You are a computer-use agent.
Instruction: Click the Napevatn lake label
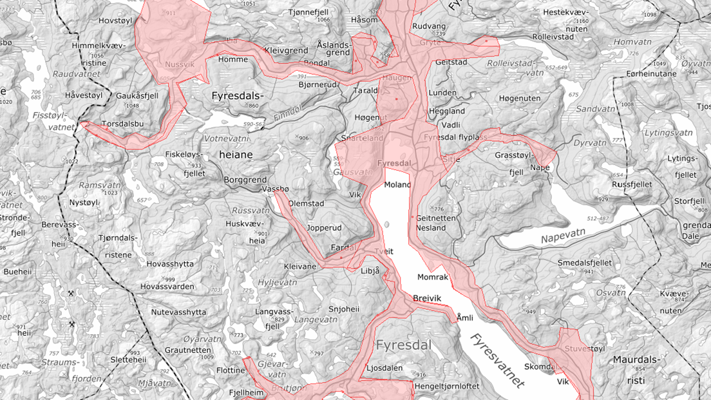pos(566,238)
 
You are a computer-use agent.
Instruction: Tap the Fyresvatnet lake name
pos(497,361)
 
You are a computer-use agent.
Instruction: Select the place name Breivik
pos(428,298)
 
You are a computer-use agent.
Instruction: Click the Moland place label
pos(397,185)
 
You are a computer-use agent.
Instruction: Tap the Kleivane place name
pos(300,265)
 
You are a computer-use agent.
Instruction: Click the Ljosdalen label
pos(384,368)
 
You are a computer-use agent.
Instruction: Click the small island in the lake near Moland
pos(386,224)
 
